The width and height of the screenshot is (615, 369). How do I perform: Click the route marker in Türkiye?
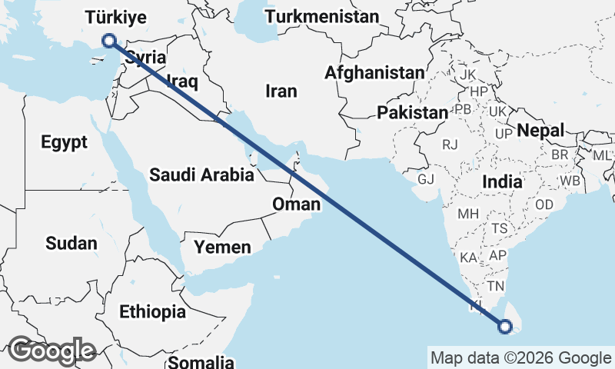[x=109, y=40]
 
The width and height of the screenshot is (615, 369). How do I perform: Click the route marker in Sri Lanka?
[x=505, y=327]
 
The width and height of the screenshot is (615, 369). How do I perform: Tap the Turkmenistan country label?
[x=322, y=16]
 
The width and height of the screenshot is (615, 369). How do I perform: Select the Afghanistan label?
[x=374, y=72]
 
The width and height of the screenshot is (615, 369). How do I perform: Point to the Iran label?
[x=281, y=91]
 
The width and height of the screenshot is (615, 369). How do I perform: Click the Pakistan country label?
[x=412, y=112]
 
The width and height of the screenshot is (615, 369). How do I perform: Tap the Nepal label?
[x=540, y=130]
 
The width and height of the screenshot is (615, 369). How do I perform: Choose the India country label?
[x=503, y=182]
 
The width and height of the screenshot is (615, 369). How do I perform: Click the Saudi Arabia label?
[x=201, y=175]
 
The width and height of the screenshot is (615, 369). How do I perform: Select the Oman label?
[x=296, y=204]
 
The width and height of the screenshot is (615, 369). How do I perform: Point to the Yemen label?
[x=222, y=247]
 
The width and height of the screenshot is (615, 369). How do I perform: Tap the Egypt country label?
[x=65, y=141]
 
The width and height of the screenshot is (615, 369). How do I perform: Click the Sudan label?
[x=71, y=244]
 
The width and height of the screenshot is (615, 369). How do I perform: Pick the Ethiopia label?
[x=152, y=312]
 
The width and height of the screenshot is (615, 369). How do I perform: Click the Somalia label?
[x=201, y=361]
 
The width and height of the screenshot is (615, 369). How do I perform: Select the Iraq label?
[x=183, y=81]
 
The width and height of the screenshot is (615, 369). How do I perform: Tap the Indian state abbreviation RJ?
[x=450, y=144]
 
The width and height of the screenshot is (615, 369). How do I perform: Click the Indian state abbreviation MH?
[x=468, y=213]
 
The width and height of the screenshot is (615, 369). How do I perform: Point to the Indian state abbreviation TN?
[x=495, y=286]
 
